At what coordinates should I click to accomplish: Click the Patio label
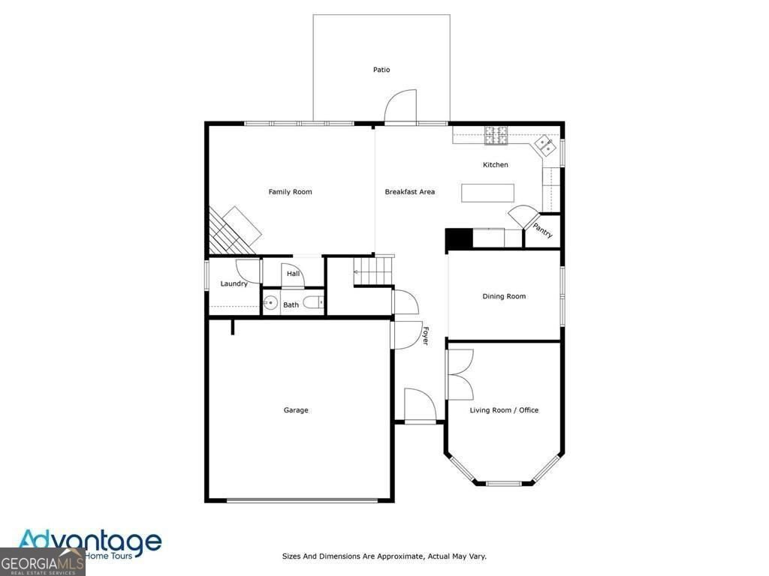tap(381, 70)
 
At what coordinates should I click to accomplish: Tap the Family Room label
tap(290, 192)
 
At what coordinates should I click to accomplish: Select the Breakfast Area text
tap(409, 192)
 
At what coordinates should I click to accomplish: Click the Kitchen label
tap(495, 165)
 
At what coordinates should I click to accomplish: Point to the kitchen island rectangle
tap(487, 193)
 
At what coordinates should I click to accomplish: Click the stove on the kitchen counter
tap(496, 135)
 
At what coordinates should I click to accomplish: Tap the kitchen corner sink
tap(545, 143)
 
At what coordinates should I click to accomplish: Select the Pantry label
tap(542, 230)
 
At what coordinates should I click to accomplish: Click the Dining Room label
tap(504, 296)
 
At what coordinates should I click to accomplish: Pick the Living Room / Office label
tap(504, 410)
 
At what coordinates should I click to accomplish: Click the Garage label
tap(296, 410)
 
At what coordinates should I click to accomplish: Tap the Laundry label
tap(234, 284)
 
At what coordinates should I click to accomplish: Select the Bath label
tap(291, 305)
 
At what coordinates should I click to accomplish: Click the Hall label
tap(293, 274)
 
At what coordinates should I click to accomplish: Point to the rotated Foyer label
tap(424, 335)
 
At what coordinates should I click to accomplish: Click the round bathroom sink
tap(270, 304)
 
